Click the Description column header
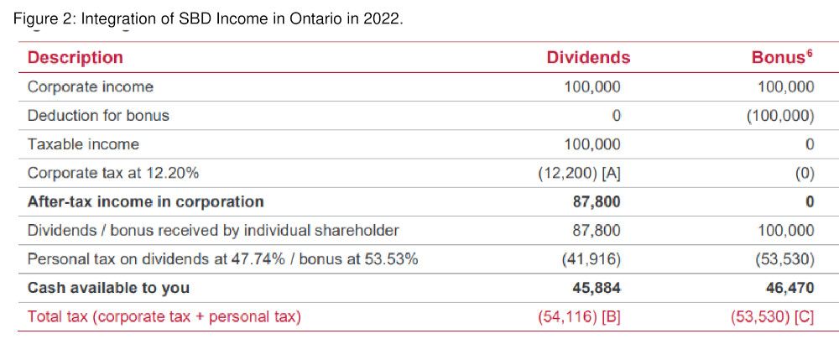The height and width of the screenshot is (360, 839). tap(76, 58)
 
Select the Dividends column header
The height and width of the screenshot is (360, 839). tap(588, 58)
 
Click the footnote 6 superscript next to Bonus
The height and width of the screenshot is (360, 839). tap(810, 54)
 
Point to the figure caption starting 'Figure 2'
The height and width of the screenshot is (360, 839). tap(208, 18)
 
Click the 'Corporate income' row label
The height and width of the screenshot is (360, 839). tap(91, 87)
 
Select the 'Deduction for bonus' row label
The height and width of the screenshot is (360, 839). tap(98, 116)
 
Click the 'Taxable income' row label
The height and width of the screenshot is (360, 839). tap(83, 144)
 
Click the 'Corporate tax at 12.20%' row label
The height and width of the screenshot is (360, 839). tap(113, 174)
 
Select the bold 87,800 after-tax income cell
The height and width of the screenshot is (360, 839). tap(597, 202)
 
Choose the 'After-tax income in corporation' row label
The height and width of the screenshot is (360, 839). tap(145, 202)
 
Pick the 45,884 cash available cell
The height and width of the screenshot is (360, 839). tap(597, 288)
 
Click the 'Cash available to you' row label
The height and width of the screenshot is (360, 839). tap(108, 288)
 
